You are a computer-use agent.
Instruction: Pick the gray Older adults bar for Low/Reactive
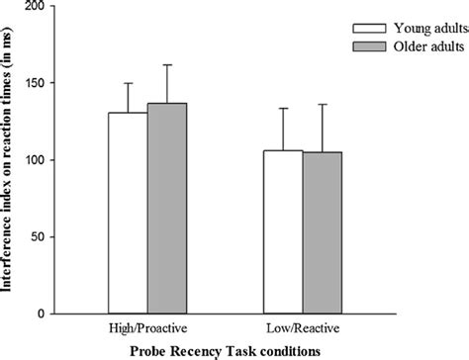[x=322, y=232]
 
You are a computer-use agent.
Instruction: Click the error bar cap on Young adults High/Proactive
[x=128, y=83]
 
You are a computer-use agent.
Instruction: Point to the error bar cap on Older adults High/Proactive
[x=167, y=65]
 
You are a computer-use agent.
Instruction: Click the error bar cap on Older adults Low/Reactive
[x=322, y=104]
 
